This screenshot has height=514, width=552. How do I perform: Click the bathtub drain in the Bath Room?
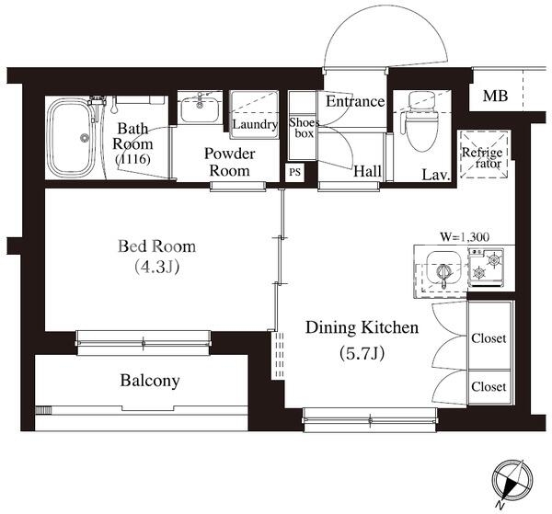84,138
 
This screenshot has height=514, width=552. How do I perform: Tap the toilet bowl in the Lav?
421,130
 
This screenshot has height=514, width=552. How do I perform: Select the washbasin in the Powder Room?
200,109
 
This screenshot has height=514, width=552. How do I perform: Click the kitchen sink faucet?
443,274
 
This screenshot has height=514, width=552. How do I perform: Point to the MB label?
495,96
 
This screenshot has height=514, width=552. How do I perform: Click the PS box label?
294,173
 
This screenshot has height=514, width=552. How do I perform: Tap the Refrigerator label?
482,157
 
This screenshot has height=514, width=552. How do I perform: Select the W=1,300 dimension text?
465,237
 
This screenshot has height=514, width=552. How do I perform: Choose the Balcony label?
150,381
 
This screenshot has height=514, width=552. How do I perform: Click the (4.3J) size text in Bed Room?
157,268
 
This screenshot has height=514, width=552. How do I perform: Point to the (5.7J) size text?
362,353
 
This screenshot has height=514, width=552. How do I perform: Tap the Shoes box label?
304,128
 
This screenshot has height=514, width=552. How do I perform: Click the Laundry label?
255,124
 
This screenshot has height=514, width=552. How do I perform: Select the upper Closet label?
489,338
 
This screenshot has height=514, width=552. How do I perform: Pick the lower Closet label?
489,387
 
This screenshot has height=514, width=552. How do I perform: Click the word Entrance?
355,102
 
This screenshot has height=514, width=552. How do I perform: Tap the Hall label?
367,172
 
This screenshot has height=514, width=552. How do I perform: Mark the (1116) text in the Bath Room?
132,159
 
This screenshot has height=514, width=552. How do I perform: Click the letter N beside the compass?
500,506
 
